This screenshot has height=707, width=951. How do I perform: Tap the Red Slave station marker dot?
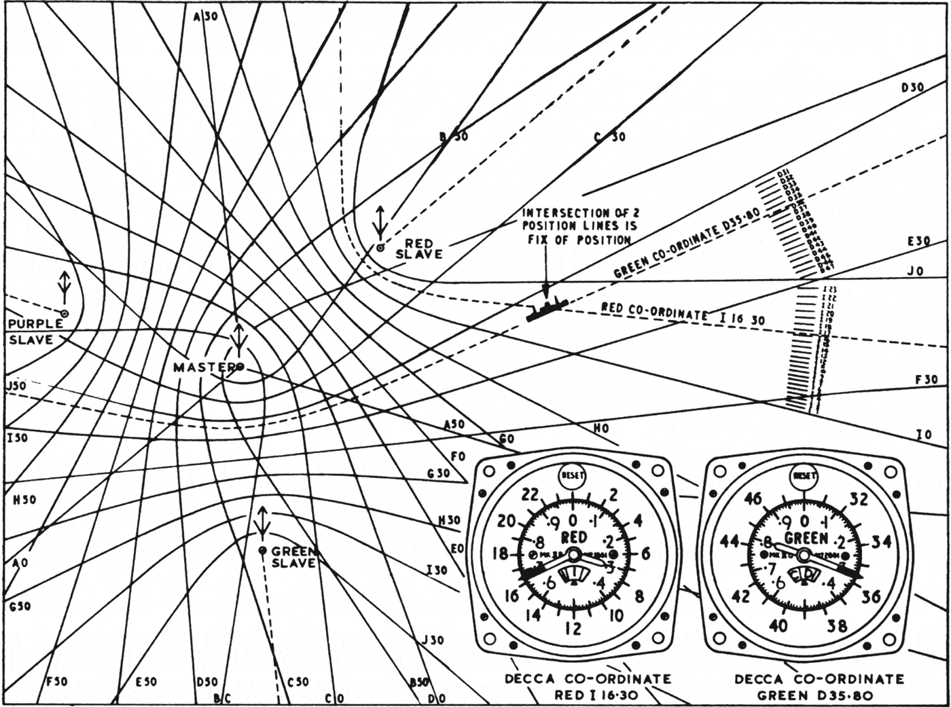pos(380,248)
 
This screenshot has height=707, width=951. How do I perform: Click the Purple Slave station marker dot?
pos(65,313)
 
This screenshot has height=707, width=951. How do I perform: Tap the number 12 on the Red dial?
pos(574,628)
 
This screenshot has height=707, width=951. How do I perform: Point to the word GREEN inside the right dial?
pos(807,539)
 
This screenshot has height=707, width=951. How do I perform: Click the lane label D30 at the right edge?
pos(912,88)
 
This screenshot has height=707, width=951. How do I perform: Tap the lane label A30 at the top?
pos(205,17)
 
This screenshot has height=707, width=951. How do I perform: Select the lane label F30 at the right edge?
pos(926,380)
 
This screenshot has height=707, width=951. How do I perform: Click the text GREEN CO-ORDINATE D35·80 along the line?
pos(686,244)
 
